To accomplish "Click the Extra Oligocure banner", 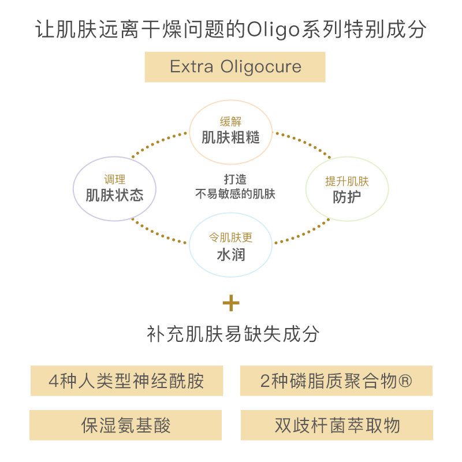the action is point(235,67).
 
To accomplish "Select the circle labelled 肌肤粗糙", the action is point(230,131).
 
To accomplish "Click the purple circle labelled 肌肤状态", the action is point(114,188).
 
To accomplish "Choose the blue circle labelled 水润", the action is point(230,246).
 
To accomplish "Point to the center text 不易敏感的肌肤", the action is point(235,195).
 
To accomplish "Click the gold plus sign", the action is point(231,303).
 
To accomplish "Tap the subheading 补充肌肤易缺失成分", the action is point(231,334).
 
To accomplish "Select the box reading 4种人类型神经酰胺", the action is point(126,381).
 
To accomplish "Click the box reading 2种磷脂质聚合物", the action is point(336,381).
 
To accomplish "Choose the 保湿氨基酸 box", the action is point(126,426).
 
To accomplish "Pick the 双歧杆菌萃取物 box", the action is point(337,426).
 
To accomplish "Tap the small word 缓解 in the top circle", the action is point(230,122).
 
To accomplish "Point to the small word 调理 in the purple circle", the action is point(114,180).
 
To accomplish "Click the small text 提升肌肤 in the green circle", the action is point(346,181).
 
